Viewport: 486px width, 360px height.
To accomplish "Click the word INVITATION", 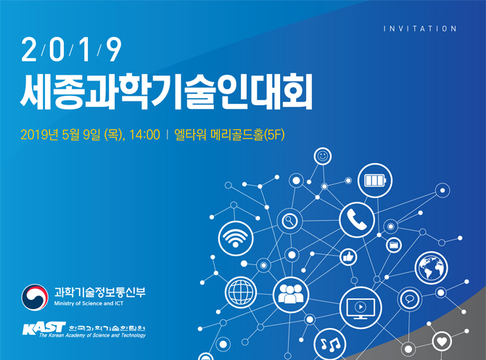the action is point(420,29).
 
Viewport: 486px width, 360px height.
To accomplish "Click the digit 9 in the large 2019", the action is point(114,49).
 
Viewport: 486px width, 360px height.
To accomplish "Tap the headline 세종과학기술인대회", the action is point(166,91).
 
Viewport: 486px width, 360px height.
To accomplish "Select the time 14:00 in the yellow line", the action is point(144,135).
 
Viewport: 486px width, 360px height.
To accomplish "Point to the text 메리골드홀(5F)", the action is point(247,135).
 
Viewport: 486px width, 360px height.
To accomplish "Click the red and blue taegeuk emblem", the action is point(35,298).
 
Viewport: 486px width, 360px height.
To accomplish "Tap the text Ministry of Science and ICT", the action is point(88,303).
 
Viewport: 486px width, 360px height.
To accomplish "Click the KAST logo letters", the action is point(44,328).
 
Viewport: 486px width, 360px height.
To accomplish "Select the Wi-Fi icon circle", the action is point(236,239).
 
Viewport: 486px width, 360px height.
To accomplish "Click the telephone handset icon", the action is point(357,220).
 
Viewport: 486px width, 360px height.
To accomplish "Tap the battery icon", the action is point(375,181).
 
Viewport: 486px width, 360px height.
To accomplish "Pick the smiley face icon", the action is point(323,156).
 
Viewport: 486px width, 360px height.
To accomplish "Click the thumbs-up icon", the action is point(348,257).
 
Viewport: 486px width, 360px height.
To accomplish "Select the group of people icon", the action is point(290,295).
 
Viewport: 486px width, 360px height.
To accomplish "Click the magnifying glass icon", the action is point(289,221).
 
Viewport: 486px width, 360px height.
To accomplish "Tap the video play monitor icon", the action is point(361,308).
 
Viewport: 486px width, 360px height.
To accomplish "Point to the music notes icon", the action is point(330,344).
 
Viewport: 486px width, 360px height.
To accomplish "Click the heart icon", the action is point(442,341).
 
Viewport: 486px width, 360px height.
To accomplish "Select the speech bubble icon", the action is point(409,299).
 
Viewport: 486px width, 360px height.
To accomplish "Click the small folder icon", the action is point(394,245).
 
